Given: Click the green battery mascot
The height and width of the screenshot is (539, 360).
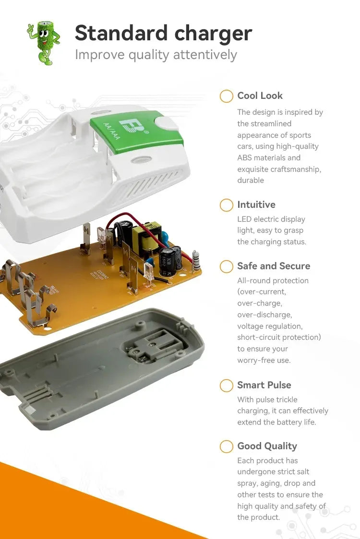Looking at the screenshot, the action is (44, 42).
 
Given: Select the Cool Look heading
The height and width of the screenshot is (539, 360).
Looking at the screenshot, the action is (260, 96).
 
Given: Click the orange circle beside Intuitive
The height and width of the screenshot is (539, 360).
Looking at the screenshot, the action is (226, 205).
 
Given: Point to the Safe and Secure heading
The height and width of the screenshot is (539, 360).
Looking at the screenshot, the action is (274, 266).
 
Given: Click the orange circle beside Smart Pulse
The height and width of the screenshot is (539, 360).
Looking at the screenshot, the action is (226, 385).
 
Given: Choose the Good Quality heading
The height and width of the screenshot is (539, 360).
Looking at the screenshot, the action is (267, 446).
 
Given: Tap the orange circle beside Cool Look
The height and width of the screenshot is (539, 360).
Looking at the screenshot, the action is (226, 96).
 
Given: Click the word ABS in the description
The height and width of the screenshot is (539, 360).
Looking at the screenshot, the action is (244, 158).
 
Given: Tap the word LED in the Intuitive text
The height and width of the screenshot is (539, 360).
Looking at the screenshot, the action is (244, 219).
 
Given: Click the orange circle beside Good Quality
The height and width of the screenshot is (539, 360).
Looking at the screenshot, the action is (226, 446).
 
